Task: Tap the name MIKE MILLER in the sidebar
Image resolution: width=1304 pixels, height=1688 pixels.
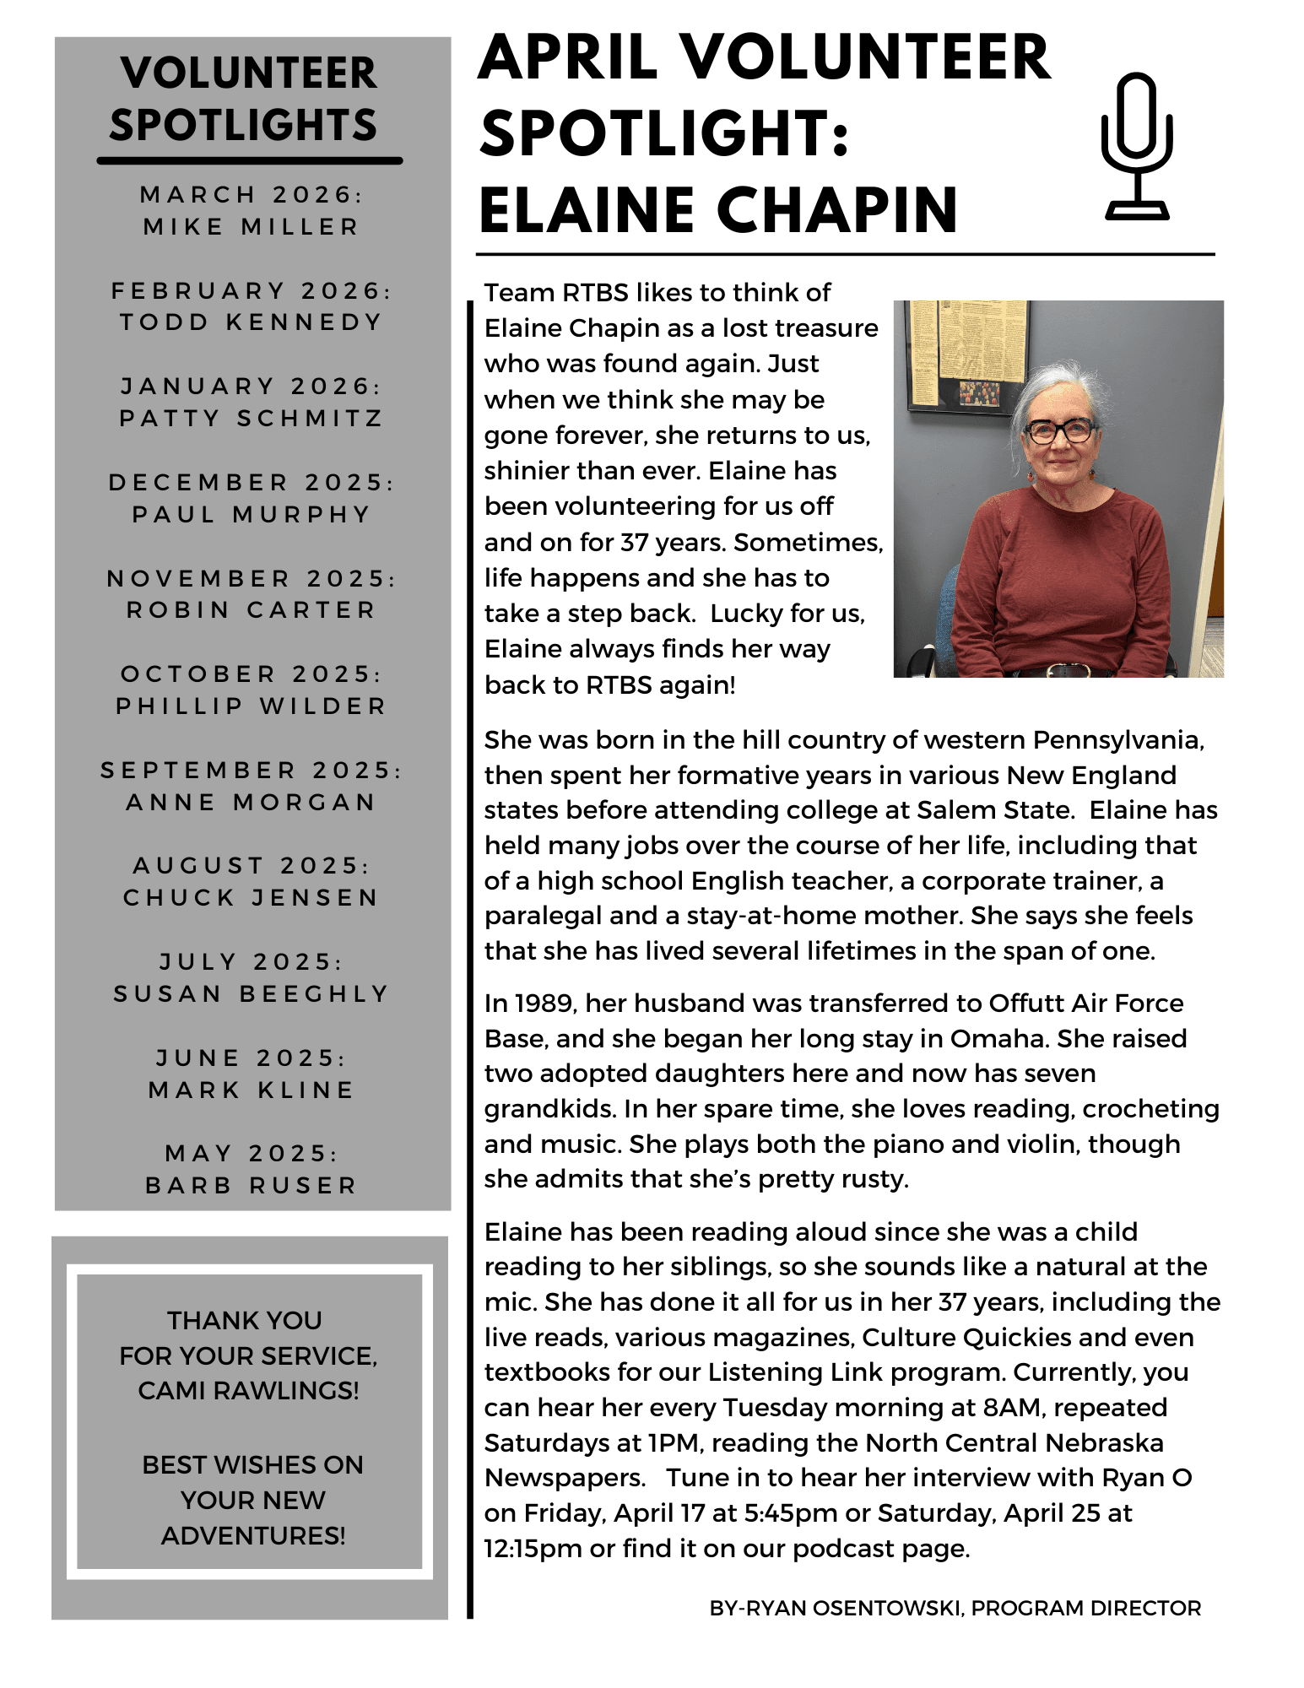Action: pyautogui.click(x=251, y=227)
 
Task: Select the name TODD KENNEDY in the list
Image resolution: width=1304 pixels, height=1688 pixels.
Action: pyautogui.click(x=251, y=322)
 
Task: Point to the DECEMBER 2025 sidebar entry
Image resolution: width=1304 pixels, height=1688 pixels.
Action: pyautogui.click(x=251, y=483)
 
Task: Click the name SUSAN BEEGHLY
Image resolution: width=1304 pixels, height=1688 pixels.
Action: pyautogui.click(x=251, y=994)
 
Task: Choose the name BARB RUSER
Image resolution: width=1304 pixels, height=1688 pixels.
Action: pyautogui.click(x=251, y=1186)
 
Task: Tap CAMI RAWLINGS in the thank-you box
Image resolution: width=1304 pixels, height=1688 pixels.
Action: pyautogui.click(x=248, y=1390)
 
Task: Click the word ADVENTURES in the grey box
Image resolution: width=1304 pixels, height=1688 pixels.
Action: pyautogui.click(x=252, y=1535)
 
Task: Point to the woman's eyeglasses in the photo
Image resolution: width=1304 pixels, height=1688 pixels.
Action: pyautogui.click(x=1059, y=431)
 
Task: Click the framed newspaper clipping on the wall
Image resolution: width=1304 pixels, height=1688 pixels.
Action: pyautogui.click(x=966, y=354)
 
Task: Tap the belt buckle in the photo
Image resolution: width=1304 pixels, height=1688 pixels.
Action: pyautogui.click(x=1059, y=671)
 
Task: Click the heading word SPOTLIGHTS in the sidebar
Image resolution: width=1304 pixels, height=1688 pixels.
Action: pyautogui.click(x=243, y=125)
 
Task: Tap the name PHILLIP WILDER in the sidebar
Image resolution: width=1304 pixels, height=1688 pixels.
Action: pyautogui.click(x=251, y=706)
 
